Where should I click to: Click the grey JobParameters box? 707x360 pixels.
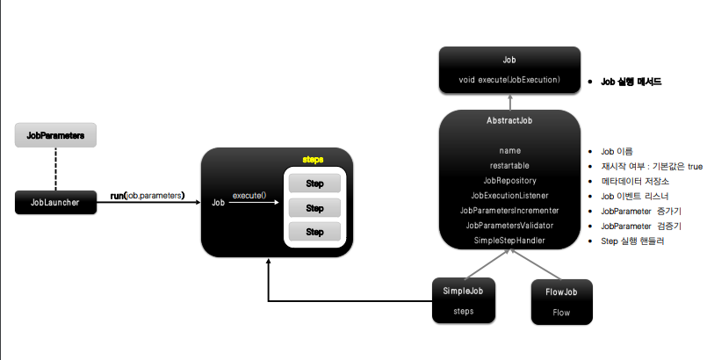(55, 136)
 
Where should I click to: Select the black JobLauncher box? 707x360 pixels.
(55, 202)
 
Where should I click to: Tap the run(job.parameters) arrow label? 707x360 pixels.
(147, 195)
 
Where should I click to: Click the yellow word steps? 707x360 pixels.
(314, 160)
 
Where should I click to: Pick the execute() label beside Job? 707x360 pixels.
(249, 195)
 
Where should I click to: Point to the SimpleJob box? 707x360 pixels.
(463, 299)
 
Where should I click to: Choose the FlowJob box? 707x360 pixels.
(561, 299)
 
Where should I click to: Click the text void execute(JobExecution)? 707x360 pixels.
(509, 80)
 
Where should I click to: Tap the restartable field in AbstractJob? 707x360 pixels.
(509, 164)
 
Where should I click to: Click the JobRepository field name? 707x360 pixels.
(509, 179)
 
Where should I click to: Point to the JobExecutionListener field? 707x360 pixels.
(509, 195)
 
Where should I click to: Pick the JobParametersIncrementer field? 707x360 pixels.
(509, 210)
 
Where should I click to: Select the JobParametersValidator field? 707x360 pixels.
(509, 225)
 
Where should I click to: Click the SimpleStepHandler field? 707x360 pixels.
(509, 240)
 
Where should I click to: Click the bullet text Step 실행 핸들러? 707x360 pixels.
(632, 240)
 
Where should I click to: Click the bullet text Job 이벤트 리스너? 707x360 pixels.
(634, 195)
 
